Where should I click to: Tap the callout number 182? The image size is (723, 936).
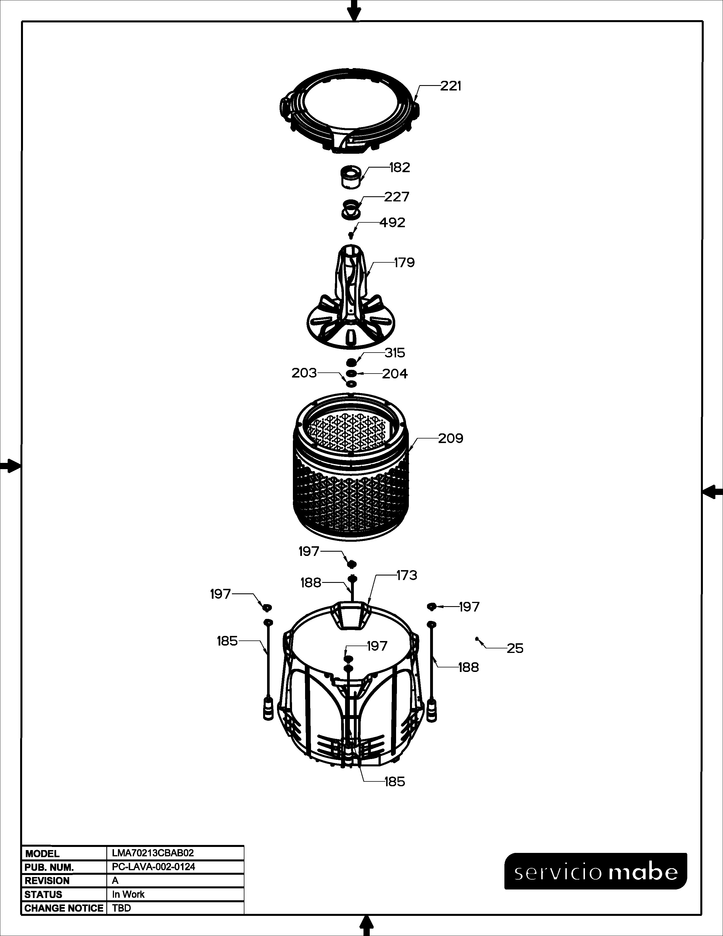(399, 168)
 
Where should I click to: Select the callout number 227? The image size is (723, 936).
(397, 197)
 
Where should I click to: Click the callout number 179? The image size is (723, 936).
(404, 262)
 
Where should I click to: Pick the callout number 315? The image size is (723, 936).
(394, 353)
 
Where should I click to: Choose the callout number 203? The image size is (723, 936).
(304, 373)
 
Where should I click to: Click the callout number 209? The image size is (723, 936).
(451, 439)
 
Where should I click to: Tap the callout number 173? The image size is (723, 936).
(407, 575)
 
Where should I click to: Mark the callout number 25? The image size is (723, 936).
(515, 660)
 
